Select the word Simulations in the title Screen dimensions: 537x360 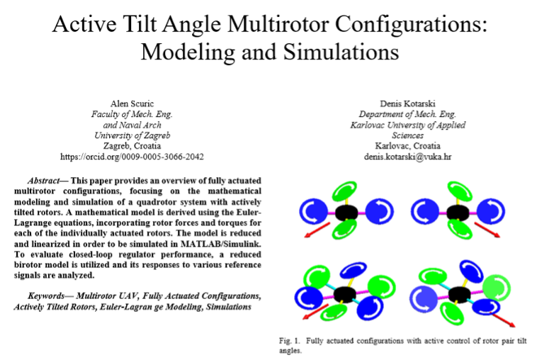tap(341, 52)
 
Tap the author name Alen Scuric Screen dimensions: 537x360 tap(132, 103)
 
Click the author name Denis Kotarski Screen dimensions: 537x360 tap(407, 103)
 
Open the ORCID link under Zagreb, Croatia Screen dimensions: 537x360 tap(132, 157)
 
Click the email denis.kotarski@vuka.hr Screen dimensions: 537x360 tap(407, 157)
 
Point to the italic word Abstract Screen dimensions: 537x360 tap(43, 181)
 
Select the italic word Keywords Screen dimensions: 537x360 tap(46, 296)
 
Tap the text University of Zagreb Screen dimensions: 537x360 tap(132, 135)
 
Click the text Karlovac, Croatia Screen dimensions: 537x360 tap(407, 146)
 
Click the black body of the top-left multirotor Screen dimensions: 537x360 tap(346, 213)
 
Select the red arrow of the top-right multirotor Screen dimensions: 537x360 tap(487, 229)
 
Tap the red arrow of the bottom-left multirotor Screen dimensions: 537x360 tap(316, 312)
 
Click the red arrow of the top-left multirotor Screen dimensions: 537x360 tap(317, 230)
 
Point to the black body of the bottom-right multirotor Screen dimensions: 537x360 tap(460, 295)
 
